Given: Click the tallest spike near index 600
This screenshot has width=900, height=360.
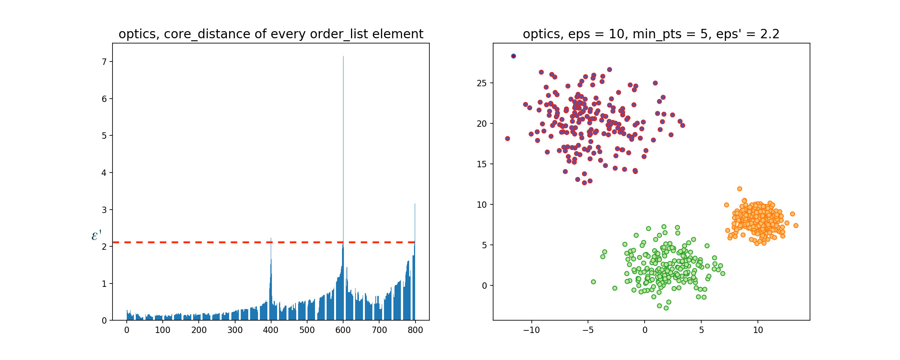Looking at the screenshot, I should tap(343, 57).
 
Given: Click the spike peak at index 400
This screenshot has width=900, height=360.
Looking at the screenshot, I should tap(271, 239).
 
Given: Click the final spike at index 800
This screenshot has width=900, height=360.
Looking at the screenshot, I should tap(415, 205).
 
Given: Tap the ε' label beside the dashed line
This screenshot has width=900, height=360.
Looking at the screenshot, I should tap(96, 235).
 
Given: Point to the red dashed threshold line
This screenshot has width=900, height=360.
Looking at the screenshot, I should tap(187, 242).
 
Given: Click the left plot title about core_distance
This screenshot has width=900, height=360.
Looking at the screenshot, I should tap(271, 34).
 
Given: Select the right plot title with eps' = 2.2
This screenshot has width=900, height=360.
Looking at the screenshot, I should tap(651, 34).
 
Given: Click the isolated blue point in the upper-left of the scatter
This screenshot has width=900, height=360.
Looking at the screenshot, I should tap(513, 56).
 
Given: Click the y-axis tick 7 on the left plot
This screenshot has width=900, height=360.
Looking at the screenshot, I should tap(104, 62).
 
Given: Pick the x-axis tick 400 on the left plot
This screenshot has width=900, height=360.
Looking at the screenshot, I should tap(271, 330).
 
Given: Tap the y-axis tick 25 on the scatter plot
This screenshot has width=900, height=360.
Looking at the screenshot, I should tap(481, 83).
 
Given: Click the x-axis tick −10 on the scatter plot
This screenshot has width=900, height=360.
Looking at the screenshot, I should tap(531, 330).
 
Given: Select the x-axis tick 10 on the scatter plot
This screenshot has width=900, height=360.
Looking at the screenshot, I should tap(758, 330).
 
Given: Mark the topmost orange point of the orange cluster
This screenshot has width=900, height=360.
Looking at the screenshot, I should tap(739, 189).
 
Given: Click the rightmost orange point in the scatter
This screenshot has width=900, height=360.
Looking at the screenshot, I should tap(796, 225).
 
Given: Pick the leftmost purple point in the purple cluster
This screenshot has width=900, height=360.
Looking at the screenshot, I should tap(507, 138).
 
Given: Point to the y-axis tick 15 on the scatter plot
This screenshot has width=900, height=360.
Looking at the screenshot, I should tap(481, 164).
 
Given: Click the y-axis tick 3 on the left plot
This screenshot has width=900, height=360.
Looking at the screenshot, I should tap(104, 210).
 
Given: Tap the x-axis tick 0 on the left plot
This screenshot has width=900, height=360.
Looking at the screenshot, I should tap(127, 330).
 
